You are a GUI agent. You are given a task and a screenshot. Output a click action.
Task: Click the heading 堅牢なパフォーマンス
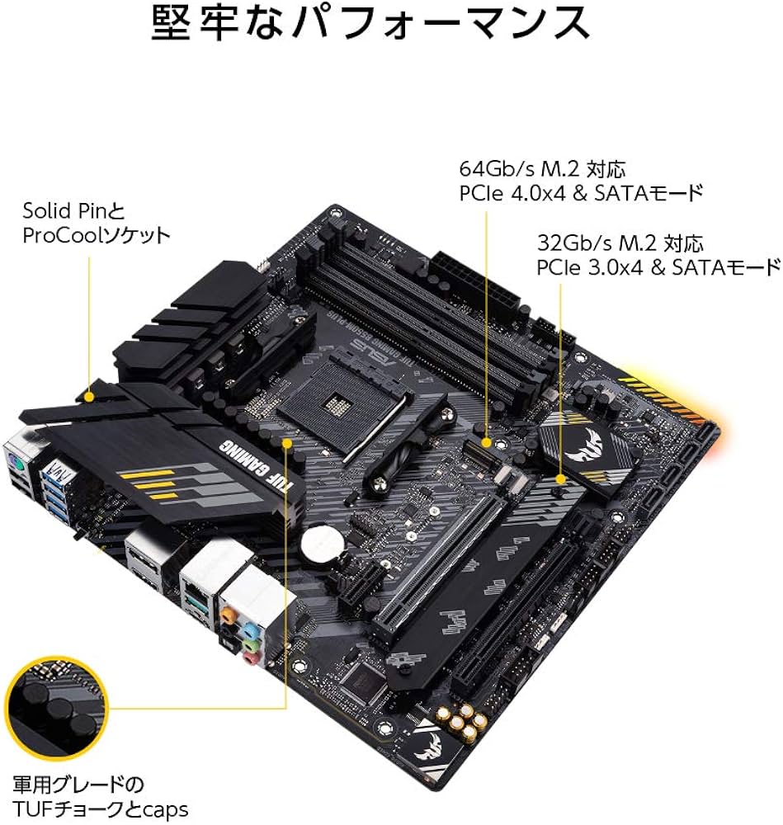[x=370, y=25]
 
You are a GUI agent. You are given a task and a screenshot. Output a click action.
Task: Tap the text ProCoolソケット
[x=97, y=235]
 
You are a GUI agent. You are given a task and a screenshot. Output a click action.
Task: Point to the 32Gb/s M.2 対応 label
[x=619, y=243]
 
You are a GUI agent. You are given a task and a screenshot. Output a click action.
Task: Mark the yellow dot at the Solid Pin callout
[x=88, y=397]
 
